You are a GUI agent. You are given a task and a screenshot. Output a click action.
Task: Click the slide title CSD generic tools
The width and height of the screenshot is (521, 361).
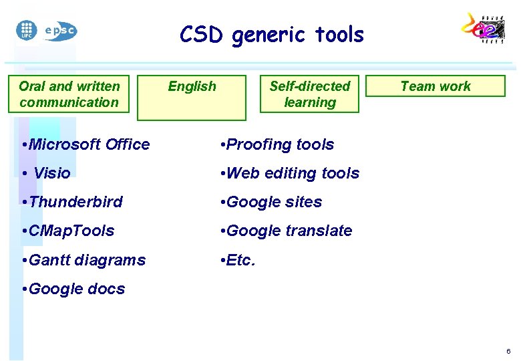(271, 35)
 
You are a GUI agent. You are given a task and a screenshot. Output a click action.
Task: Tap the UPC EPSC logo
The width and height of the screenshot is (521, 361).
(46, 30)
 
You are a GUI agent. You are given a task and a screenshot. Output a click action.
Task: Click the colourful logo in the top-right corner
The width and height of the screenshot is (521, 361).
(484, 29)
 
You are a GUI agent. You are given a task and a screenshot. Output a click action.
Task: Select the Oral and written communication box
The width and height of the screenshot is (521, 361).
(69, 94)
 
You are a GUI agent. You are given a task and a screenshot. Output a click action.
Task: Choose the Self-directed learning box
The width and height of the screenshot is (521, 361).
(309, 94)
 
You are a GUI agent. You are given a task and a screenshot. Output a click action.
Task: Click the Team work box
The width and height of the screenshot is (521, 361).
(436, 86)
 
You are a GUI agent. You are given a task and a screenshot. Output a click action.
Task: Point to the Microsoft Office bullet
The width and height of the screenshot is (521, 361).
(85, 144)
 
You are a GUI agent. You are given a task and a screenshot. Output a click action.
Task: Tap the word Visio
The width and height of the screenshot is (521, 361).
(51, 173)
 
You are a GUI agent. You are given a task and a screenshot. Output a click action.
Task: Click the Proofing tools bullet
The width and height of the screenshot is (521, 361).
(277, 144)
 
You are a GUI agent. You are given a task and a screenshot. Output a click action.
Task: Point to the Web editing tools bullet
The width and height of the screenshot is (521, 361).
(289, 173)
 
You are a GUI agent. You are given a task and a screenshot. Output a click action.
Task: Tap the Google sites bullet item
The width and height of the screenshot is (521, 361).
(271, 202)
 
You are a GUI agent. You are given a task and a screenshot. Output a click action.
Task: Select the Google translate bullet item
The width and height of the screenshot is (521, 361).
(286, 231)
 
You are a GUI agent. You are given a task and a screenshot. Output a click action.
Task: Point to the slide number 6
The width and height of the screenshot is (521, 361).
(508, 352)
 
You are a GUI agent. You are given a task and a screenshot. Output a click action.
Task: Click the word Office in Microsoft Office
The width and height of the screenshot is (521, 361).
(126, 144)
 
